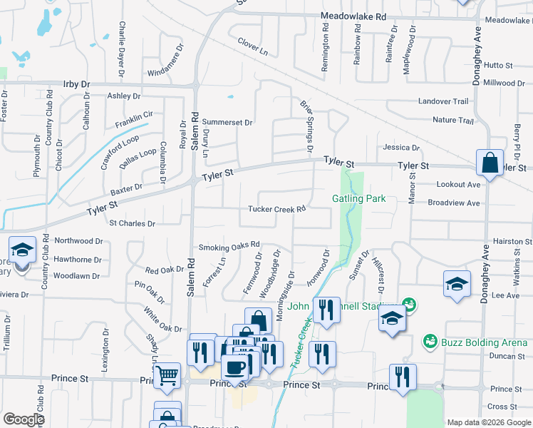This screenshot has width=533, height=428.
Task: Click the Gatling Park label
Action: coord(359,198)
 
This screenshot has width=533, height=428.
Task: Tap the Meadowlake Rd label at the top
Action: coord(353,16)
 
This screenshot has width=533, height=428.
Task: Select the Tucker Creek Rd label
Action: coord(277,209)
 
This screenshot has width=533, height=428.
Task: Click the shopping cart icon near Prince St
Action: coord(167,374)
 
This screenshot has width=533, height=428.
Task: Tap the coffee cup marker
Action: coord(234,367)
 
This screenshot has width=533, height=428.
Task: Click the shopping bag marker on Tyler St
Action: coord(490,163)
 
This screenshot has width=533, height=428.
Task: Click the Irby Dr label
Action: coord(76,84)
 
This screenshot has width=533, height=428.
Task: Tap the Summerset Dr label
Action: coord(227,122)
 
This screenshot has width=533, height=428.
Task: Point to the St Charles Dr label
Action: coord(132,223)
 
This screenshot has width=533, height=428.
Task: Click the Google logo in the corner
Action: coord(24,419)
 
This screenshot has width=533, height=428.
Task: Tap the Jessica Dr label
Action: coord(401,148)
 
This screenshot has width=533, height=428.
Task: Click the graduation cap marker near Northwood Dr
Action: coord(22,250)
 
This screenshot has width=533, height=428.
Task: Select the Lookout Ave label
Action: coord(459,184)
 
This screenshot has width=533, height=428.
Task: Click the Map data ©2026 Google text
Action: coord(489,422)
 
